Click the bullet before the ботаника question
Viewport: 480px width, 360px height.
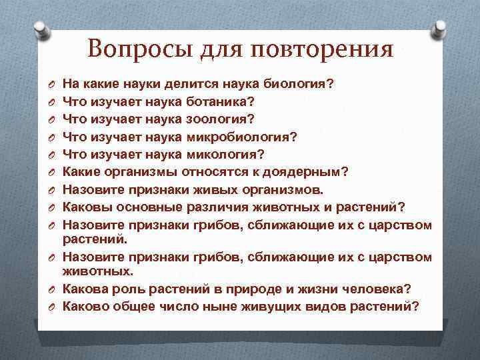click(x=49, y=103)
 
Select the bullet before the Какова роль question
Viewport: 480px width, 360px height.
click(x=49, y=289)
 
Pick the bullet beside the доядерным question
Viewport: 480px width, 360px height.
click(x=49, y=172)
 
